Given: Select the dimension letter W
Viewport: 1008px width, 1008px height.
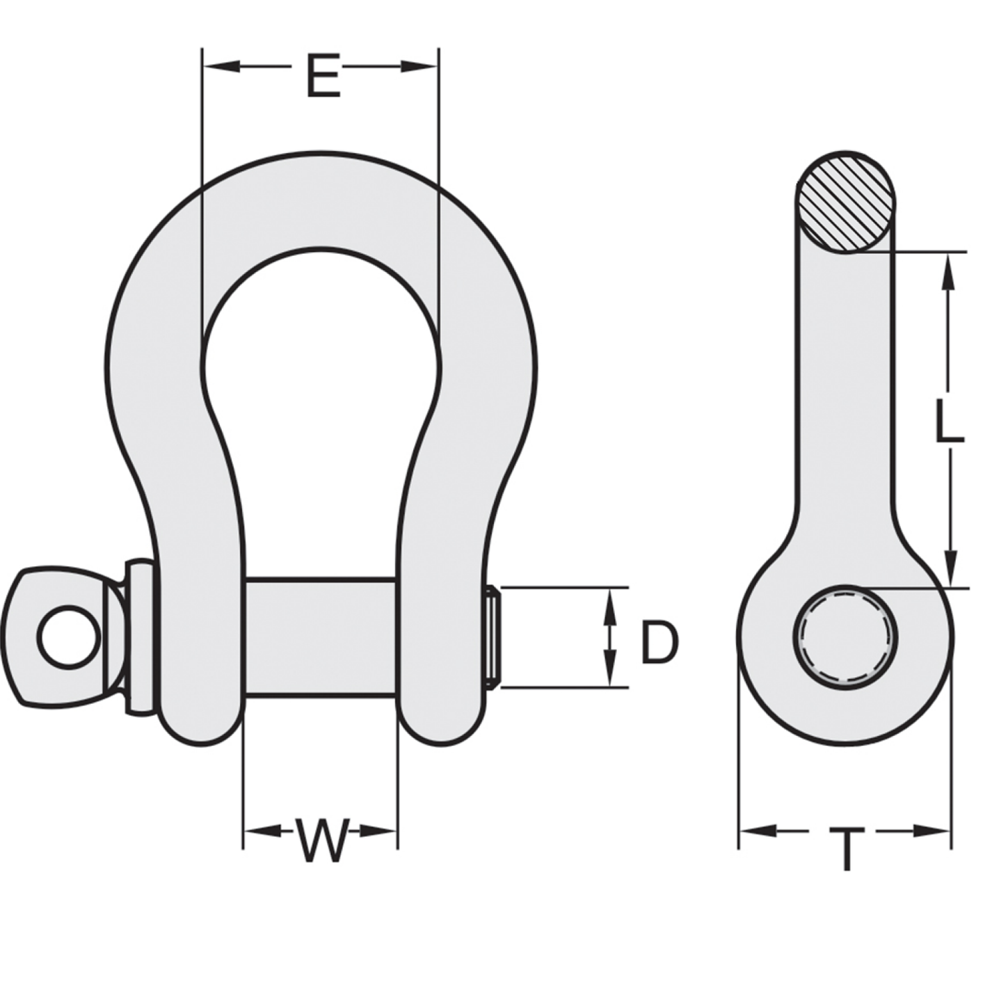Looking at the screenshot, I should click(321, 840).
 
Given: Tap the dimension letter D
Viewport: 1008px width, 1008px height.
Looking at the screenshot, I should click(658, 642).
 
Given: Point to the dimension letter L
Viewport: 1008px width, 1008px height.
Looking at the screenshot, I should click(948, 424).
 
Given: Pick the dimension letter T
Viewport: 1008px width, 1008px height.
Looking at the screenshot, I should click(846, 848).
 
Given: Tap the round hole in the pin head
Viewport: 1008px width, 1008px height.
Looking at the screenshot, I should click(68, 637).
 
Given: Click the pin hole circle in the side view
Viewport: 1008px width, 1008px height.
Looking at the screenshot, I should click(845, 637).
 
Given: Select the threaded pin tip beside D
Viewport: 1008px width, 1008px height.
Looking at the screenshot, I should click(493, 638).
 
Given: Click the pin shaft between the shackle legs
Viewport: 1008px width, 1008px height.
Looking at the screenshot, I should click(321, 637).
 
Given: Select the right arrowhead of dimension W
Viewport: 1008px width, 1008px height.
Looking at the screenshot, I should click(383, 831).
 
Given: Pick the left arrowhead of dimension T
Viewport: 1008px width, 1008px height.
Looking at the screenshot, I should click(754, 831).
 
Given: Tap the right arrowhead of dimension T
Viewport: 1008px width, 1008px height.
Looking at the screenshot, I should click(936, 831).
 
